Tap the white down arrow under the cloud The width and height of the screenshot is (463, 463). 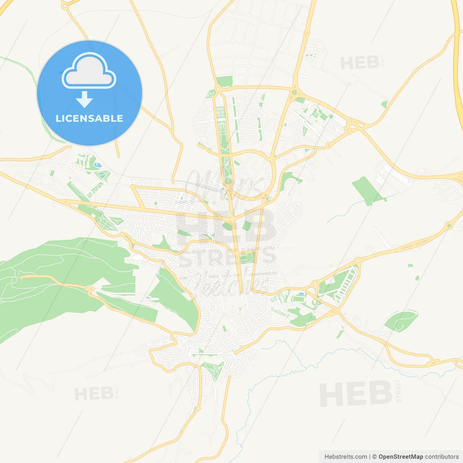pyautogui.click(x=85, y=99)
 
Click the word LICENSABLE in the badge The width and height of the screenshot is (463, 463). pyautogui.click(x=89, y=118)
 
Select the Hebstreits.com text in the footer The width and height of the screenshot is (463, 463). pyautogui.click(x=345, y=456)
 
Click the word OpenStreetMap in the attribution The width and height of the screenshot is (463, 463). pyautogui.click(x=400, y=456)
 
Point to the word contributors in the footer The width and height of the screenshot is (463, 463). pyautogui.click(x=442, y=456)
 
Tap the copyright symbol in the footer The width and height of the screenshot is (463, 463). pyautogui.click(x=374, y=456)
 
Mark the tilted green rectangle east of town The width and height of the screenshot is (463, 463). pyautogui.click(x=366, y=191)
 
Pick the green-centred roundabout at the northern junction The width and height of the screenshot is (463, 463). pyautogui.click(x=294, y=93)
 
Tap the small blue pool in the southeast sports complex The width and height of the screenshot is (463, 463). pyautogui.click(x=301, y=294)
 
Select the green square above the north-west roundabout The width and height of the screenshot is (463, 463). pyautogui.click(x=225, y=81)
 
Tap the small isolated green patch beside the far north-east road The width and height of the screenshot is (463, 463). pyautogui.click(x=384, y=104)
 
